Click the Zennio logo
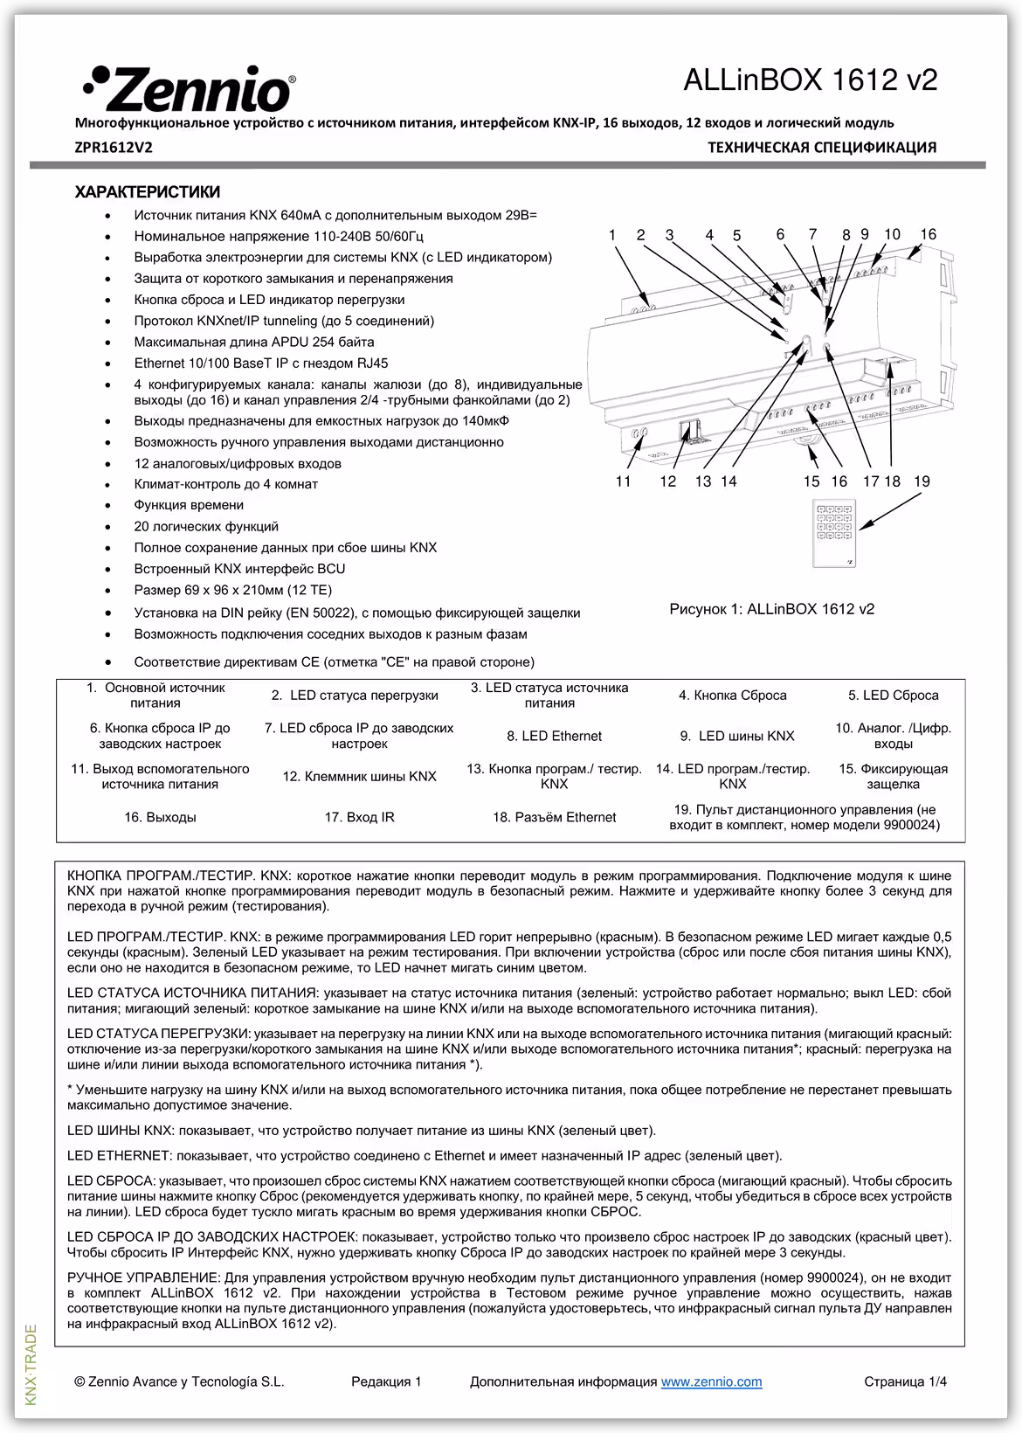[x=189, y=87]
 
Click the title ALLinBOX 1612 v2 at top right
[x=810, y=80]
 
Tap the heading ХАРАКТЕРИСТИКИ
[x=147, y=192]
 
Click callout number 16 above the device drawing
[x=928, y=234]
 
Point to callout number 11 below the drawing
[x=623, y=481]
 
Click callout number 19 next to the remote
[x=922, y=481]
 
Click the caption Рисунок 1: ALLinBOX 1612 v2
[x=771, y=609]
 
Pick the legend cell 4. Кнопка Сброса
[x=732, y=696]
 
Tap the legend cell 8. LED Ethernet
[x=554, y=737]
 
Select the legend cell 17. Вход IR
[x=359, y=818]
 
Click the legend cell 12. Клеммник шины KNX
[x=359, y=776]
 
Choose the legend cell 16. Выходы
[x=160, y=818]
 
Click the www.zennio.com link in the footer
[x=711, y=1381]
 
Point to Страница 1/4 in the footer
[x=904, y=1381]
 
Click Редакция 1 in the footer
[x=386, y=1381]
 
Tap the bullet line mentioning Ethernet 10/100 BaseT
[x=261, y=363]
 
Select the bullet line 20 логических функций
[x=206, y=527]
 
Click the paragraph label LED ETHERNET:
[x=116, y=1156]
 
